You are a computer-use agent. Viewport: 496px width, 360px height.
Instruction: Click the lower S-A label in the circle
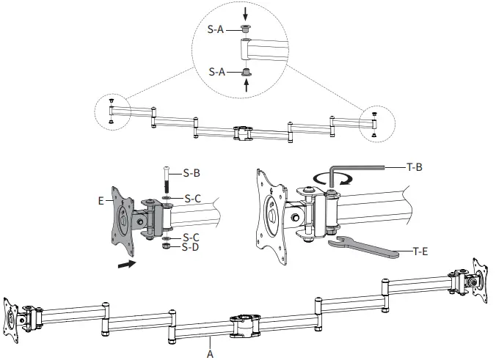click(216, 72)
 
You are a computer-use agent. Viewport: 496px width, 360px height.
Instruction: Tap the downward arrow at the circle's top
click(246, 12)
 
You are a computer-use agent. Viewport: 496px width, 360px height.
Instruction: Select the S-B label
click(192, 174)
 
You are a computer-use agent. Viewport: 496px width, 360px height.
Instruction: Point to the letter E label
click(101, 199)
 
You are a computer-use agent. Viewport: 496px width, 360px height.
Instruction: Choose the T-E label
click(420, 251)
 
